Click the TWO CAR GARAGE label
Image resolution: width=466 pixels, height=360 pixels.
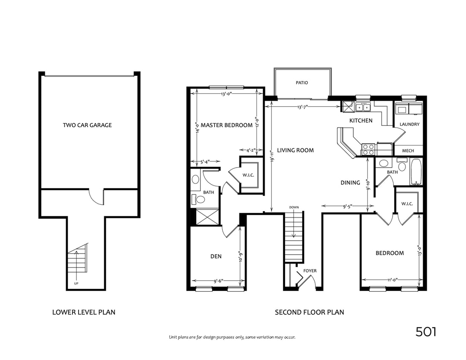pos(87,125)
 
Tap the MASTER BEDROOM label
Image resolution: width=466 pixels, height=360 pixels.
pos(227,125)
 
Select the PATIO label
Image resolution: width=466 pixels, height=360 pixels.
pos(302,83)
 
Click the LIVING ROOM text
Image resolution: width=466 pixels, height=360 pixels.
pos(295,150)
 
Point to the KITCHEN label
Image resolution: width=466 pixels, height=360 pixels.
pos(361,121)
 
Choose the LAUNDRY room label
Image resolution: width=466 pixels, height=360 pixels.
pos(410,125)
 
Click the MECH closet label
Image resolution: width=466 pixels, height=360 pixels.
pos(408,151)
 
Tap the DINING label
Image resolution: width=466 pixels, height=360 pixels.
pos(350,183)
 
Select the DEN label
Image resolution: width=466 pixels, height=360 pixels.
pos(216,256)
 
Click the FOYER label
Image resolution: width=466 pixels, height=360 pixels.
pos(310,271)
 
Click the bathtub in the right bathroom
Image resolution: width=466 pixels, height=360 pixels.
pos(416,171)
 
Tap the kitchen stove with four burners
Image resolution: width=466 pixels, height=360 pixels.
pos(368,149)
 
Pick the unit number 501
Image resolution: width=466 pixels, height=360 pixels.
pos(426,332)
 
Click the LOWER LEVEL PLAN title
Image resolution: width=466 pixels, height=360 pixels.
pos(84,312)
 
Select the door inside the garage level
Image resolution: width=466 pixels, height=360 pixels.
pos(96,197)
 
